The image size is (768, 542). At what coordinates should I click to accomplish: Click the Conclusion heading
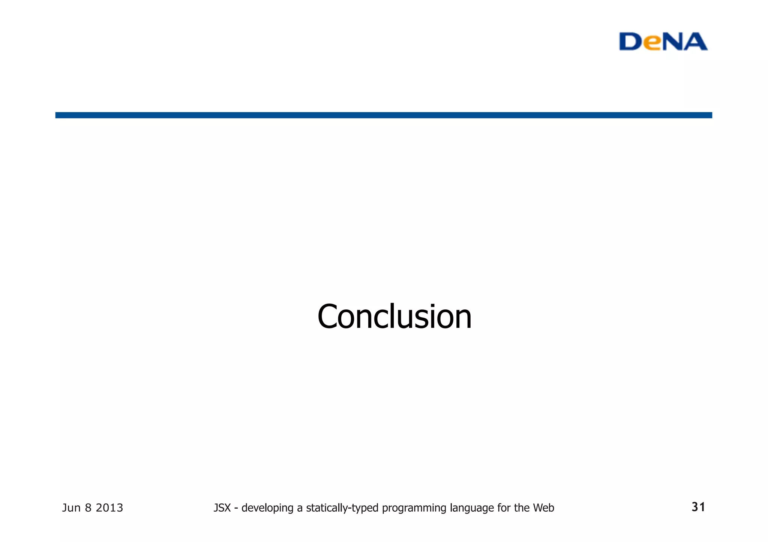point(394,317)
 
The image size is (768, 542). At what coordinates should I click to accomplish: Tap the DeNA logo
point(663,42)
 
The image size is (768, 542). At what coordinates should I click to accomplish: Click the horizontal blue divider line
point(383,115)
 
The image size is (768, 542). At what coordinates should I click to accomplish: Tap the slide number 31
point(698,507)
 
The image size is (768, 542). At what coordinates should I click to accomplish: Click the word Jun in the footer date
point(71,508)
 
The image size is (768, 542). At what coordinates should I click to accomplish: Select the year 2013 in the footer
point(109,508)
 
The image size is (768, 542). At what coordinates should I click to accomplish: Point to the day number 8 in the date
point(88,508)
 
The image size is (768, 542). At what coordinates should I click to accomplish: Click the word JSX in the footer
point(222,508)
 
